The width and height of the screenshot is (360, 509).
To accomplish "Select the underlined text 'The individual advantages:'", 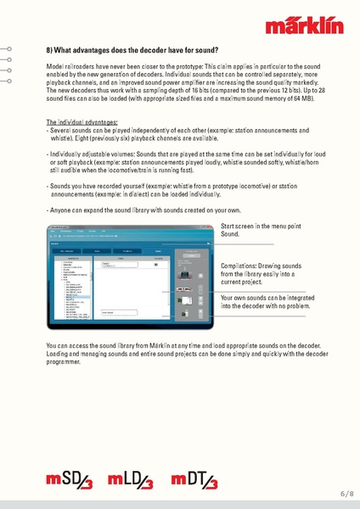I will click(x=82, y=122).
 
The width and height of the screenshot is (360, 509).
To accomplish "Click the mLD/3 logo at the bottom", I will click(x=132, y=484).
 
